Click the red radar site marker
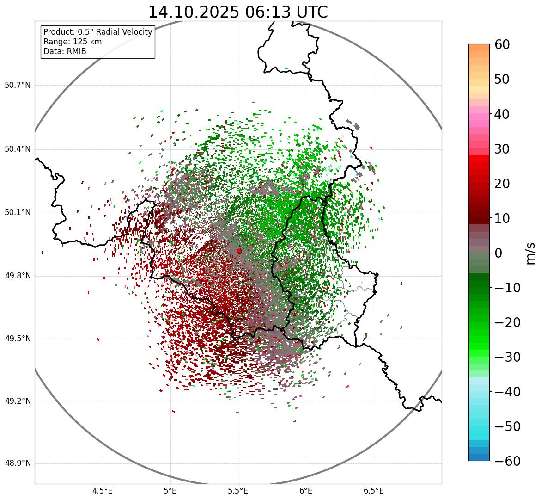tap(239, 251)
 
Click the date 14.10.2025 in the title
tap(193, 12)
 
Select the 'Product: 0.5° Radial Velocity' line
tap(97, 32)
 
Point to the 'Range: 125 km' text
tap(73, 42)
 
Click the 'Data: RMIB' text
tap(65, 51)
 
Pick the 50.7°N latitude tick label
tap(18, 86)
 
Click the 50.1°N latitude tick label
tap(18, 213)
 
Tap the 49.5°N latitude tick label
tap(18, 339)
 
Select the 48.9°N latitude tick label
tap(18, 463)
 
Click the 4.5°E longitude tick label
tap(103, 491)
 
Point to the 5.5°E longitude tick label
tap(238, 491)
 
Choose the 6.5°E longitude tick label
tap(373, 491)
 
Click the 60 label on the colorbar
tap(503, 44)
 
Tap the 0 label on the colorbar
tap(498, 253)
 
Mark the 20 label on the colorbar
tap(503, 184)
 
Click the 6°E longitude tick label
tap(306, 491)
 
